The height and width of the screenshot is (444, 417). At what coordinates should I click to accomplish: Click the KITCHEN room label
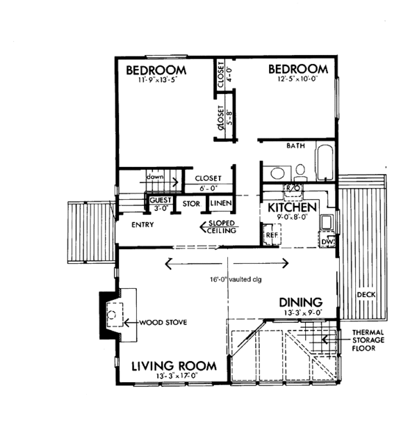(288, 207)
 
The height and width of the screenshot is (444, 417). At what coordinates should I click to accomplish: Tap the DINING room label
(300, 302)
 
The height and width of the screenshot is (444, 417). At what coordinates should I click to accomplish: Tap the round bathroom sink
(277, 173)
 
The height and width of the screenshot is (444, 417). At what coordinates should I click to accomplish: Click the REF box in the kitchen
(272, 235)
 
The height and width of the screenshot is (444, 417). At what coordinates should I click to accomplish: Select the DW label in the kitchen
(328, 241)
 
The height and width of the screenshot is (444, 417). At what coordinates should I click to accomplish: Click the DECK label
(366, 295)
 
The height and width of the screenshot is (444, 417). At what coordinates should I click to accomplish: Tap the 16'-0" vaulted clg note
(227, 280)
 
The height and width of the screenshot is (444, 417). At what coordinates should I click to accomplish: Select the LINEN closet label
(222, 204)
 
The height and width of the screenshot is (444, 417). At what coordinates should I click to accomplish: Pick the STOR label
(191, 204)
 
